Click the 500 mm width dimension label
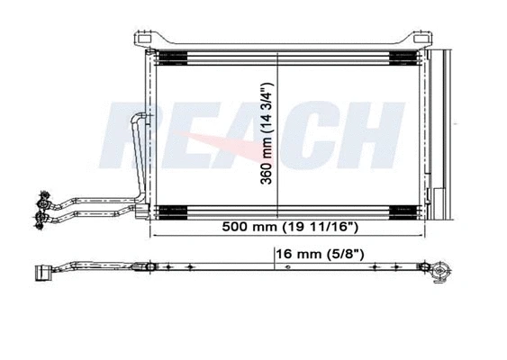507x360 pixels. (x=290, y=227)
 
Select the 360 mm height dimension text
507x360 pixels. (x=267, y=133)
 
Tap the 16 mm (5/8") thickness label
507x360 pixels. (x=320, y=255)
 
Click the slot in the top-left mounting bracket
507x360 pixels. (x=144, y=38)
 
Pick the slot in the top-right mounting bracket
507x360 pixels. (x=420, y=39)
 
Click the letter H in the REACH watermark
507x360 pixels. (x=372, y=135)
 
